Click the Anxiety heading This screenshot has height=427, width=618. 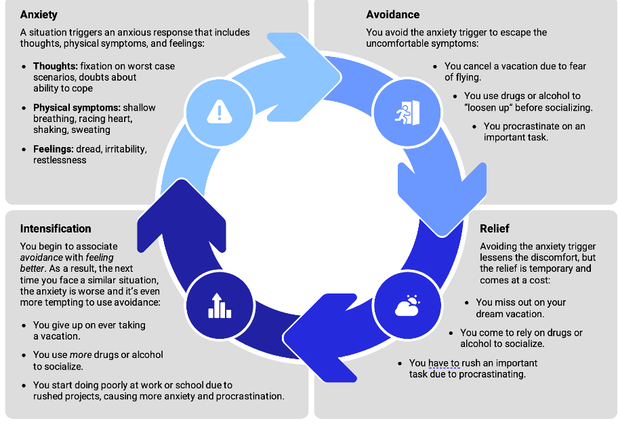coord(39,14)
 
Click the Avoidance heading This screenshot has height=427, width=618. coord(392,14)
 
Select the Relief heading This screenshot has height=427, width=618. coord(494,228)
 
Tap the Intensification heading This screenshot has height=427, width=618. coord(56,228)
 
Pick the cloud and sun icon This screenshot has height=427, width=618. coord(407,306)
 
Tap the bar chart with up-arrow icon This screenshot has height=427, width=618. coord(219,306)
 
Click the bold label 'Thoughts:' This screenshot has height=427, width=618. coord(56,66)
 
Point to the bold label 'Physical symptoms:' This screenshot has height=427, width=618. coord(77,108)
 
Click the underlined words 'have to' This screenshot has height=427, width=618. coord(444,363)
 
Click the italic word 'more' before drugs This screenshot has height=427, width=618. coord(81,355)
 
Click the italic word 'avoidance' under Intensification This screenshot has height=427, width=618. coord(42,258)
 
